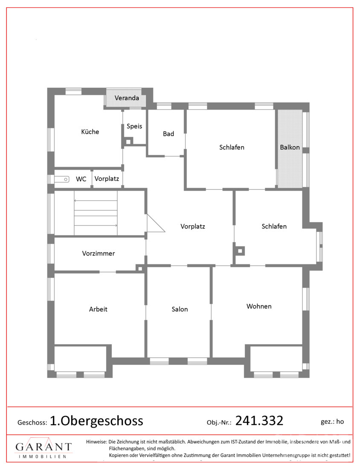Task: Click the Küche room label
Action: pyautogui.click(x=90, y=132)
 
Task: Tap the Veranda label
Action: pyautogui.click(x=127, y=98)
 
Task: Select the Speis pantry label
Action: pyautogui.click(x=134, y=126)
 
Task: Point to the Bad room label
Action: pyautogui.click(x=168, y=134)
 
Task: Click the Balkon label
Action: pyautogui.click(x=290, y=147)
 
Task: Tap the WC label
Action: pyautogui.click(x=81, y=179)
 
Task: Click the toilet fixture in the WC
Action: pyautogui.click(x=62, y=179)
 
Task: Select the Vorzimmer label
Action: pyautogui.click(x=99, y=253)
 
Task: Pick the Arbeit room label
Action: pyautogui.click(x=98, y=309)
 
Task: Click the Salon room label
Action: pyautogui.click(x=180, y=309)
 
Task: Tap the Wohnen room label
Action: pyautogui.click(x=259, y=306)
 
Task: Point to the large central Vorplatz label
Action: pyautogui.click(x=193, y=226)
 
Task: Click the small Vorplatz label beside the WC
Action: pyautogui.click(x=107, y=179)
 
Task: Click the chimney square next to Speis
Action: pyautogui.click(x=128, y=142)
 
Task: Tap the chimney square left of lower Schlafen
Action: pyautogui.click(x=240, y=251)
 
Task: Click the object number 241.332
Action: pyautogui.click(x=259, y=420)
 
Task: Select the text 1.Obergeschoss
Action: pyautogui.click(x=96, y=421)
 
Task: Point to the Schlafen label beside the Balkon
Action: pyautogui.click(x=232, y=147)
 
